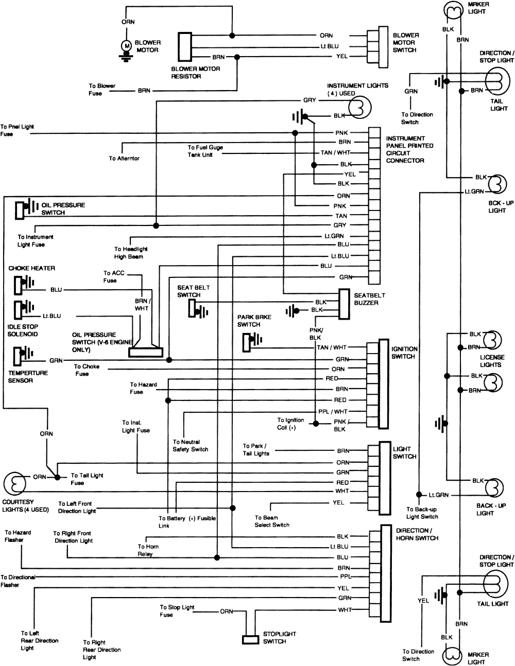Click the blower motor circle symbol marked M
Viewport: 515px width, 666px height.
[125, 45]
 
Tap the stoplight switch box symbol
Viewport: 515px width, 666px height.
[250, 639]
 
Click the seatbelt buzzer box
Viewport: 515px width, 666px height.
[345, 303]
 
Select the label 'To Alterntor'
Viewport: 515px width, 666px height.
[124, 159]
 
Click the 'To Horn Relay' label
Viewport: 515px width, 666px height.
[148, 550]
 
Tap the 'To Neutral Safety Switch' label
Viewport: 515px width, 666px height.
[191, 446]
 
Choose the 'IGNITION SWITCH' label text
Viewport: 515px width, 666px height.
[404, 353]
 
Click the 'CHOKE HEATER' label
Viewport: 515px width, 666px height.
[31, 268]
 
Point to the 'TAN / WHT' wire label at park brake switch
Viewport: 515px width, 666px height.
[331, 347]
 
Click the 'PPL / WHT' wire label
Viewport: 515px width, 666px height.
[332, 411]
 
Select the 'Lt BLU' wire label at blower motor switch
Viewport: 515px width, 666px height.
[329, 46]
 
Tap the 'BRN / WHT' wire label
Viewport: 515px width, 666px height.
[142, 304]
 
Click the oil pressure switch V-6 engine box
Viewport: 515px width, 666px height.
[146, 353]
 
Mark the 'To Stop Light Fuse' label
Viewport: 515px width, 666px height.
[177, 611]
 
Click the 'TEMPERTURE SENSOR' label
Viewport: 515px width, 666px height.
[28, 376]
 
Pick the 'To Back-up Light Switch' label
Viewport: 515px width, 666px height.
[422, 513]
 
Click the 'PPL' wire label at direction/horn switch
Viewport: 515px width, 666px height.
[345, 577]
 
